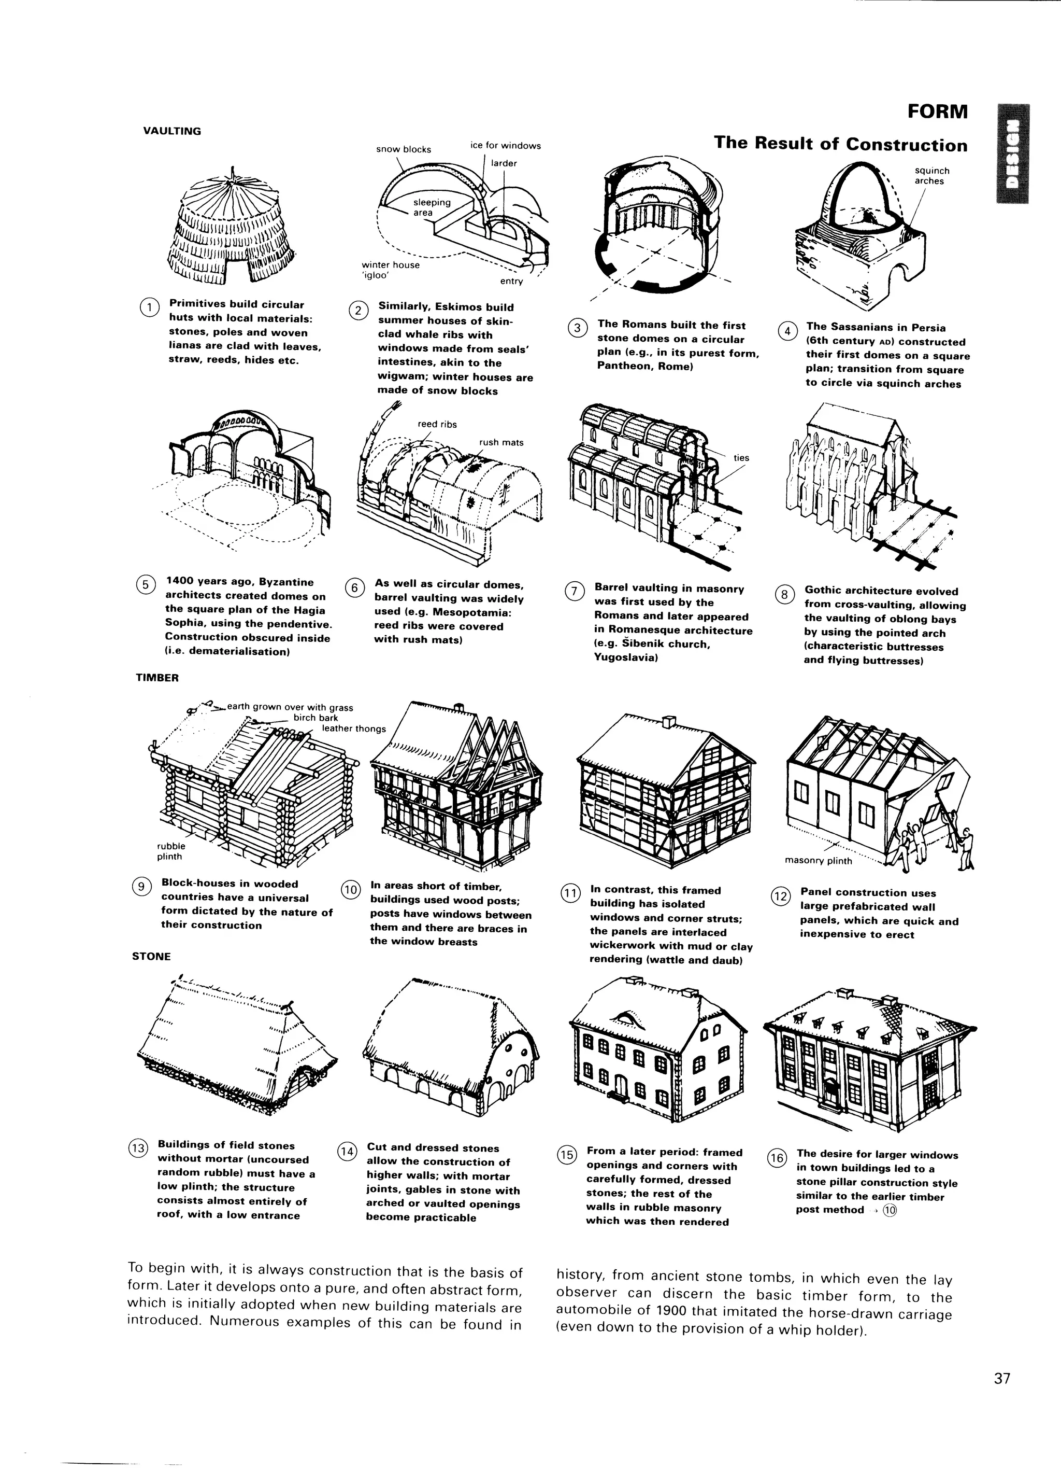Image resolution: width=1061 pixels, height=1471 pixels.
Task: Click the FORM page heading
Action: click(x=937, y=111)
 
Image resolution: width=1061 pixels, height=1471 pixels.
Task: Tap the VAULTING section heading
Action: click(x=172, y=131)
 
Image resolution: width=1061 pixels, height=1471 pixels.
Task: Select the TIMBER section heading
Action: click(x=157, y=678)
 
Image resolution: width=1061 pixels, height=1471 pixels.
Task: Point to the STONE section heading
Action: click(x=151, y=957)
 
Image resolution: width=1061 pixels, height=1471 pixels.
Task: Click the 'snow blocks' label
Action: click(x=403, y=149)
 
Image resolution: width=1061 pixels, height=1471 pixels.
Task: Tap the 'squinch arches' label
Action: click(x=931, y=176)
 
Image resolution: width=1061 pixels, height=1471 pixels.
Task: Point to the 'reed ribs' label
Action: click(x=437, y=424)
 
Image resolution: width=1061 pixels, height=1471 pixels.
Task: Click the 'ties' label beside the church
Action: click(x=741, y=458)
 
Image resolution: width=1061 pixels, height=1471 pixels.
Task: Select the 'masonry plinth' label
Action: click(x=818, y=861)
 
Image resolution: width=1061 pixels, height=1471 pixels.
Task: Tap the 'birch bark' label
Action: click(x=316, y=718)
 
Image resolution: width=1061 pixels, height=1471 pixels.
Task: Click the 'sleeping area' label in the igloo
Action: click(x=431, y=207)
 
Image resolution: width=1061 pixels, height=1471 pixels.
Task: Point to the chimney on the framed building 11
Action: click(x=669, y=721)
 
